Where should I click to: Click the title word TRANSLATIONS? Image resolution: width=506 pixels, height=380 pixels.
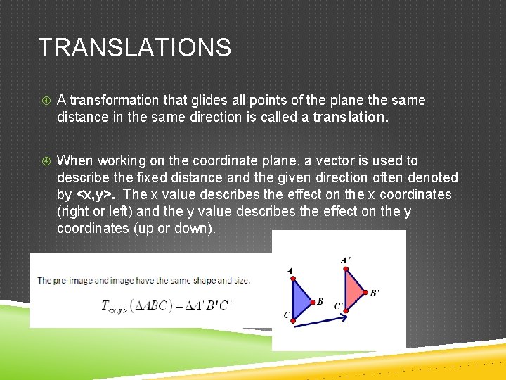[134, 48]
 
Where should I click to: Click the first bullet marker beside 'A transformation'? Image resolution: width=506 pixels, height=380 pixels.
[44, 101]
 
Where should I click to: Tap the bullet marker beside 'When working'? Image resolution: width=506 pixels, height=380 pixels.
[44, 161]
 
